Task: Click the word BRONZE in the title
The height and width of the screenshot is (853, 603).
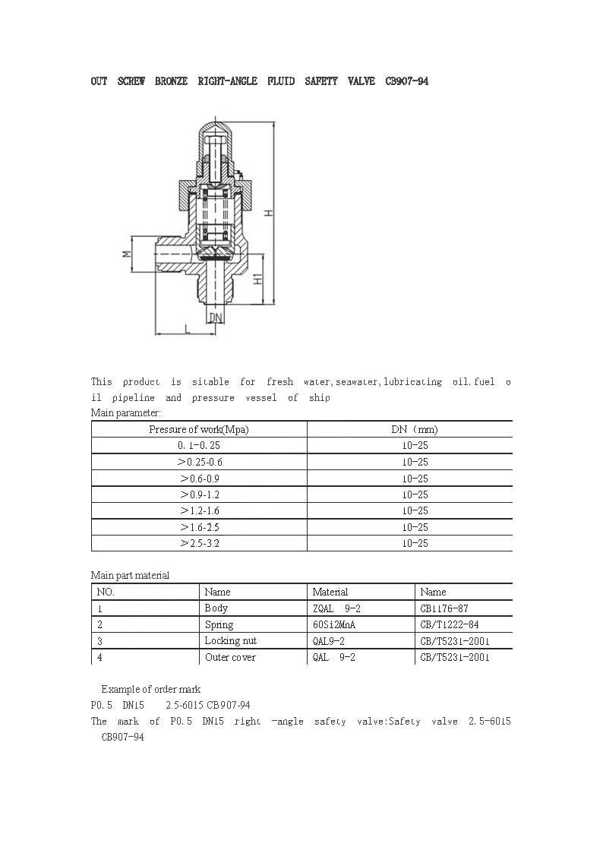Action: [171, 81]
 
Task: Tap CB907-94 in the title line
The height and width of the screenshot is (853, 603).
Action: [406, 81]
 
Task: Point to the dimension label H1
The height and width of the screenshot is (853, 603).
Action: [257, 280]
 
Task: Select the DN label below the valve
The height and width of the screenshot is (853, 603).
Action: [216, 317]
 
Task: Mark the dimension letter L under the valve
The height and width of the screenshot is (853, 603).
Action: [187, 327]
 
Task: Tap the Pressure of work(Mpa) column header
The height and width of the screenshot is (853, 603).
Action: [198, 429]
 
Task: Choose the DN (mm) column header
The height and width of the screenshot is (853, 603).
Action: [415, 429]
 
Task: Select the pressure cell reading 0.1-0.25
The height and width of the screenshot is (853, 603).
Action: [198, 446]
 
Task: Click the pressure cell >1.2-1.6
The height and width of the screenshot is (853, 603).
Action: [199, 511]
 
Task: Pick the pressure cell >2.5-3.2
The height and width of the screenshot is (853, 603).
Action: [199, 544]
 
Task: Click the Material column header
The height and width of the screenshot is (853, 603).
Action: [330, 592]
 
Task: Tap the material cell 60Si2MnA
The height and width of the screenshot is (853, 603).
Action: [334, 624]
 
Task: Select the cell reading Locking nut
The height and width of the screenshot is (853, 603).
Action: [230, 641]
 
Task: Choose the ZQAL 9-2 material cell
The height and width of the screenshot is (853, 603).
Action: [333, 608]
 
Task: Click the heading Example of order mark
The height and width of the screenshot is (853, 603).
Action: [150, 689]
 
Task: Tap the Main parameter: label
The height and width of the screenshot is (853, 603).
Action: [126, 412]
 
